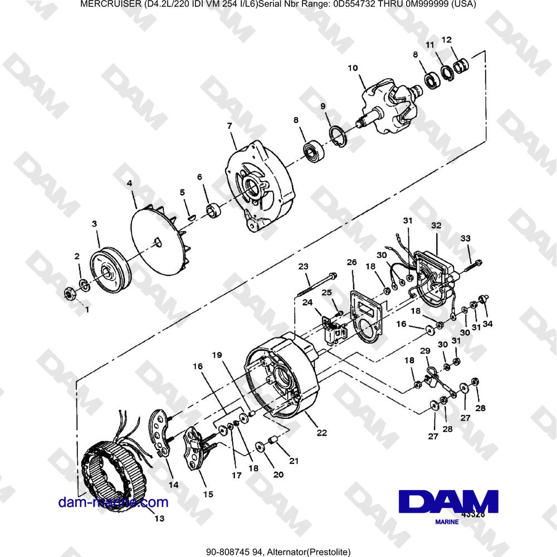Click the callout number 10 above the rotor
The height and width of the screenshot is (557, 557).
(x=353, y=69)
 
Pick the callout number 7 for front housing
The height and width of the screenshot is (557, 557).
(x=229, y=126)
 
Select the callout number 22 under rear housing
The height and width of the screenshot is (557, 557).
(x=322, y=433)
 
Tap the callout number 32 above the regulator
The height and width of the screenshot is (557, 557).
(x=436, y=226)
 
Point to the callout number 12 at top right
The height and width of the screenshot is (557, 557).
(x=447, y=40)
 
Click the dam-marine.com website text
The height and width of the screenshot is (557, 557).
(x=113, y=502)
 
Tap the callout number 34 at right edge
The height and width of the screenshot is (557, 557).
(x=487, y=324)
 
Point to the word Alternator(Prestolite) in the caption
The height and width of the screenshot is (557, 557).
(x=309, y=552)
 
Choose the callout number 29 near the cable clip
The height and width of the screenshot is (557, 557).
(x=425, y=351)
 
